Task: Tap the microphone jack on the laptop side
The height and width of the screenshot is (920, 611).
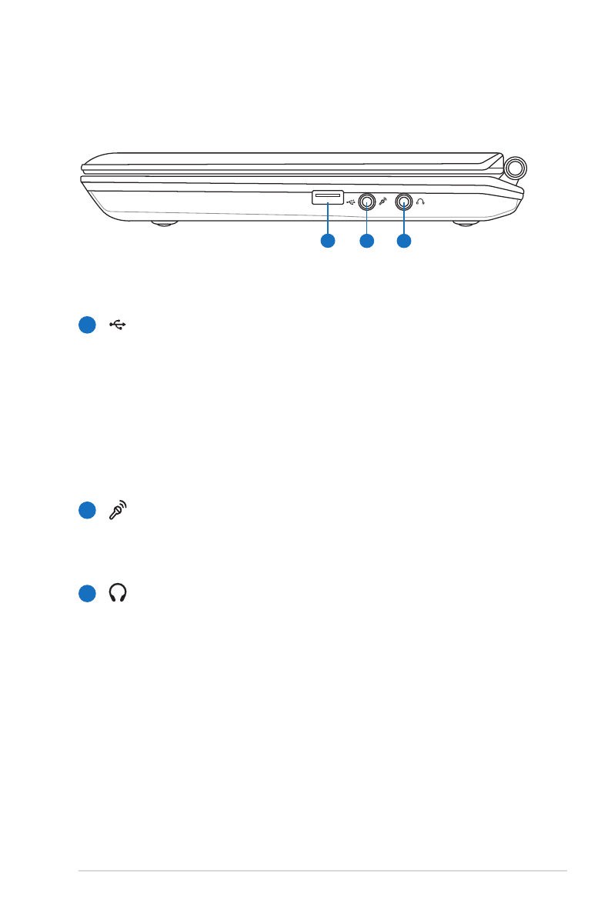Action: (x=366, y=202)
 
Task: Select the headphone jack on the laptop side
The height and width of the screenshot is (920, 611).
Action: (x=404, y=202)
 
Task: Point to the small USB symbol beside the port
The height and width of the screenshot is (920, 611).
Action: (x=352, y=202)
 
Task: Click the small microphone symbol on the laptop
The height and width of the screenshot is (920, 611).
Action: (x=384, y=202)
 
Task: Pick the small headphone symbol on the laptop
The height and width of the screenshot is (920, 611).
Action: (x=420, y=202)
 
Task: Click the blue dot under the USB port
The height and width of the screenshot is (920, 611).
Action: (x=328, y=242)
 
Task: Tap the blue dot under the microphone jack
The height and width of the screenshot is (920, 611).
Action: (x=366, y=242)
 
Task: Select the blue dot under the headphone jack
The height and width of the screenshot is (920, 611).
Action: (x=404, y=242)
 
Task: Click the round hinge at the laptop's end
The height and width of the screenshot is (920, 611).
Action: (x=516, y=168)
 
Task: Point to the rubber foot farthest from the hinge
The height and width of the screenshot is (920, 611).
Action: (x=162, y=225)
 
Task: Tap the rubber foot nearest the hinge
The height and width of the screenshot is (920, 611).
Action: (x=465, y=225)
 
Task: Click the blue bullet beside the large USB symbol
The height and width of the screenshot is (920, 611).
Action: (x=88, y=325)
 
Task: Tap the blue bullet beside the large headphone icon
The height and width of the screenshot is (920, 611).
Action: (x=88, y=593)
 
